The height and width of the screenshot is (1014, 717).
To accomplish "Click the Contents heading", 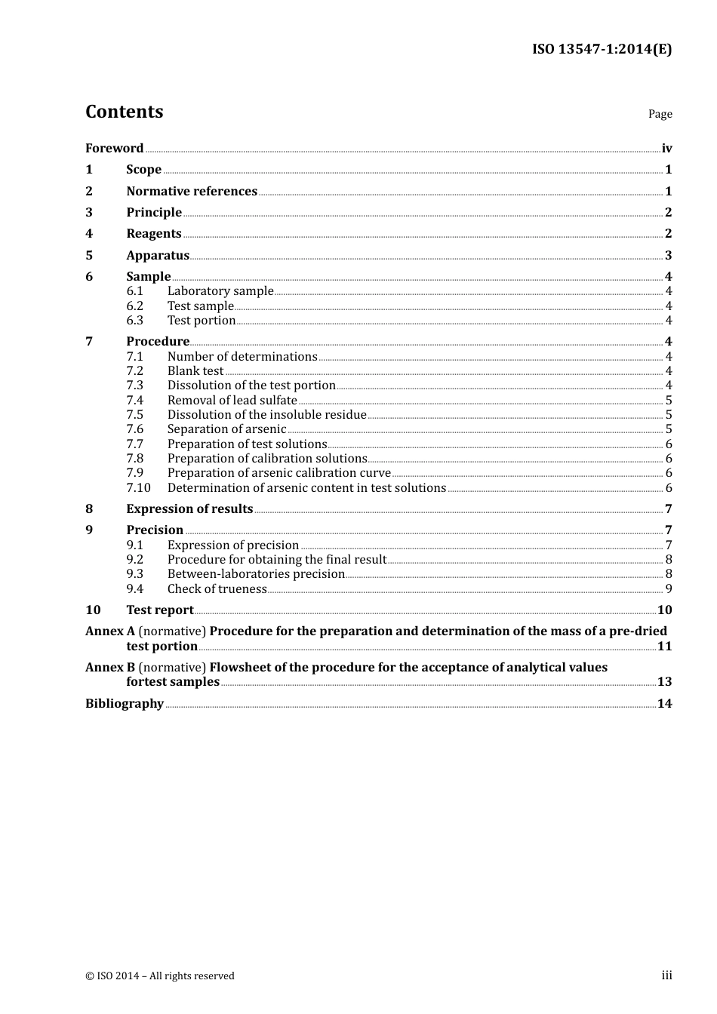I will [124, 112].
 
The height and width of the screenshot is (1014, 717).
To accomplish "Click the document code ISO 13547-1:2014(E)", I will [602, 49].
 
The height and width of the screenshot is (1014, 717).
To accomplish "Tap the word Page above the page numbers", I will [660, 114].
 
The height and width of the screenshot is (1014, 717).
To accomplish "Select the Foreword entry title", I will [114, 149].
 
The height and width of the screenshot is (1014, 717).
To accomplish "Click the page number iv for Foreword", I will [666, 149].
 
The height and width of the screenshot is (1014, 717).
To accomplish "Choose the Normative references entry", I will [192, 192].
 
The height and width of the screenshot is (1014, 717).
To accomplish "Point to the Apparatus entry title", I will [158, 256].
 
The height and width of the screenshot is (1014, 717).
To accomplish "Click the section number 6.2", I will [134, 306].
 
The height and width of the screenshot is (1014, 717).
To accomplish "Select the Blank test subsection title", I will [195, 371].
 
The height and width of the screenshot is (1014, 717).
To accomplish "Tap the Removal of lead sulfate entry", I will [232, 401].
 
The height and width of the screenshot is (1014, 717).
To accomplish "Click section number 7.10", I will [138, 488].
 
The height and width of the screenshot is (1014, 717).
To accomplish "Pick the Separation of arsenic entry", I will [226, 429].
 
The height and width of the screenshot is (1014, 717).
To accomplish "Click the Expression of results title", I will [189, 509].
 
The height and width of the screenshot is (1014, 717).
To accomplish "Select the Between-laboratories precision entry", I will [256, 574].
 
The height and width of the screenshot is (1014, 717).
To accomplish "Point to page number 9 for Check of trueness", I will [669, 589].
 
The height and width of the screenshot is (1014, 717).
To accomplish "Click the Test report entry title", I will [160, 610].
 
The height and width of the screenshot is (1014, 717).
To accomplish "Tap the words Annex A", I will [110, 631].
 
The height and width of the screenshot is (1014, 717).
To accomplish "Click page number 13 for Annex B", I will [664, 682].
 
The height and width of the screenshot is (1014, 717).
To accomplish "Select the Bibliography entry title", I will [125, 704].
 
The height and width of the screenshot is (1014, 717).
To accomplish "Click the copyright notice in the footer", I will [160, 976].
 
